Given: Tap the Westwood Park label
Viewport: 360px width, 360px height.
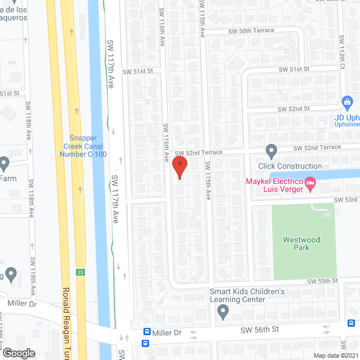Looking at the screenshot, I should (301, 244).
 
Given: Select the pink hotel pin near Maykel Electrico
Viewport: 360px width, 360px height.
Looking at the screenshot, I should (310, 183).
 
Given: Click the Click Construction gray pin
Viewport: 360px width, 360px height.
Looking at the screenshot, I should (272, 151).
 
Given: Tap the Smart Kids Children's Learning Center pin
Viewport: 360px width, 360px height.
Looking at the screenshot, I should (223, 311).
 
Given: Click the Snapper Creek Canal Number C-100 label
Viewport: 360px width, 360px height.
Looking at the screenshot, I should (88, 146).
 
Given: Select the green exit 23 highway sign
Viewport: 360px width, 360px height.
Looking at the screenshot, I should (81, 273).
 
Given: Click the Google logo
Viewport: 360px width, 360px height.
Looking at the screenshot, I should (19, 353).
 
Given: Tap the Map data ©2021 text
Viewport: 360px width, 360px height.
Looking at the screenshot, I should (336, 355).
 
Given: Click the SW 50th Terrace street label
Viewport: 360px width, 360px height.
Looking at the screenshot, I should (251, 30).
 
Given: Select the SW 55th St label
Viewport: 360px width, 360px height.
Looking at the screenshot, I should (322, 281).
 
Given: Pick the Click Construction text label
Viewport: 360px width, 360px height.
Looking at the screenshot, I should (290, 166).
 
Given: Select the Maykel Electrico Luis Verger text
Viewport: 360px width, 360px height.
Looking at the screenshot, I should (273, 185).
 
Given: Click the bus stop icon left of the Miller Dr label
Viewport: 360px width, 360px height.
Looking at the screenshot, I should (147, 332).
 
